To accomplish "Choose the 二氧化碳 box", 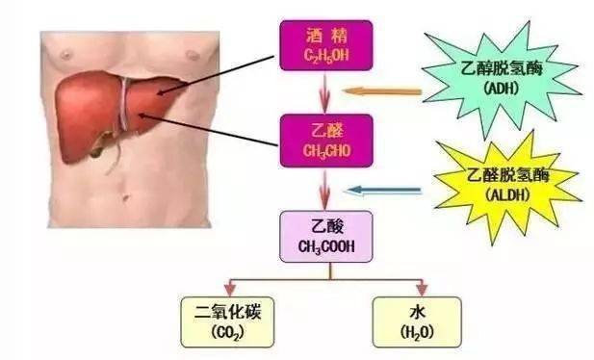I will (229, 321).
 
